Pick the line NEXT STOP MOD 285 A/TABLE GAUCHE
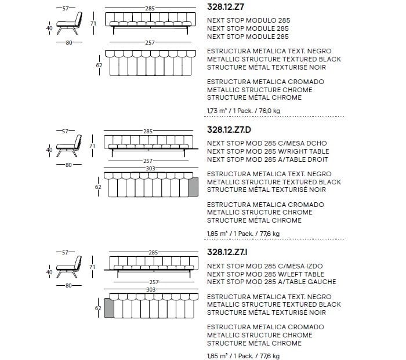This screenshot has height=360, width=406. click(x=271, y=282)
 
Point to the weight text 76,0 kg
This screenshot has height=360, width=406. click(x=269, y=110)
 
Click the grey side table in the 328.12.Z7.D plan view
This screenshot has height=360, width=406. click(x=194, y=186)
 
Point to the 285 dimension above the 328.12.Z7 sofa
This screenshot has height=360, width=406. click(x=149, y=9)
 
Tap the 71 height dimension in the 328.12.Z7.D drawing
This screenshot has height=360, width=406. click(x=92, y=146)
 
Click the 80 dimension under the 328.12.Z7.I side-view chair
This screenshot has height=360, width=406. click(x=68, y=285)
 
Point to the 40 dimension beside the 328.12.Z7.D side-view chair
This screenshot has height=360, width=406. click(x=49, y=150)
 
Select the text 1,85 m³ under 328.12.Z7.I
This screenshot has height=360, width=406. click(x=216, y=356)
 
